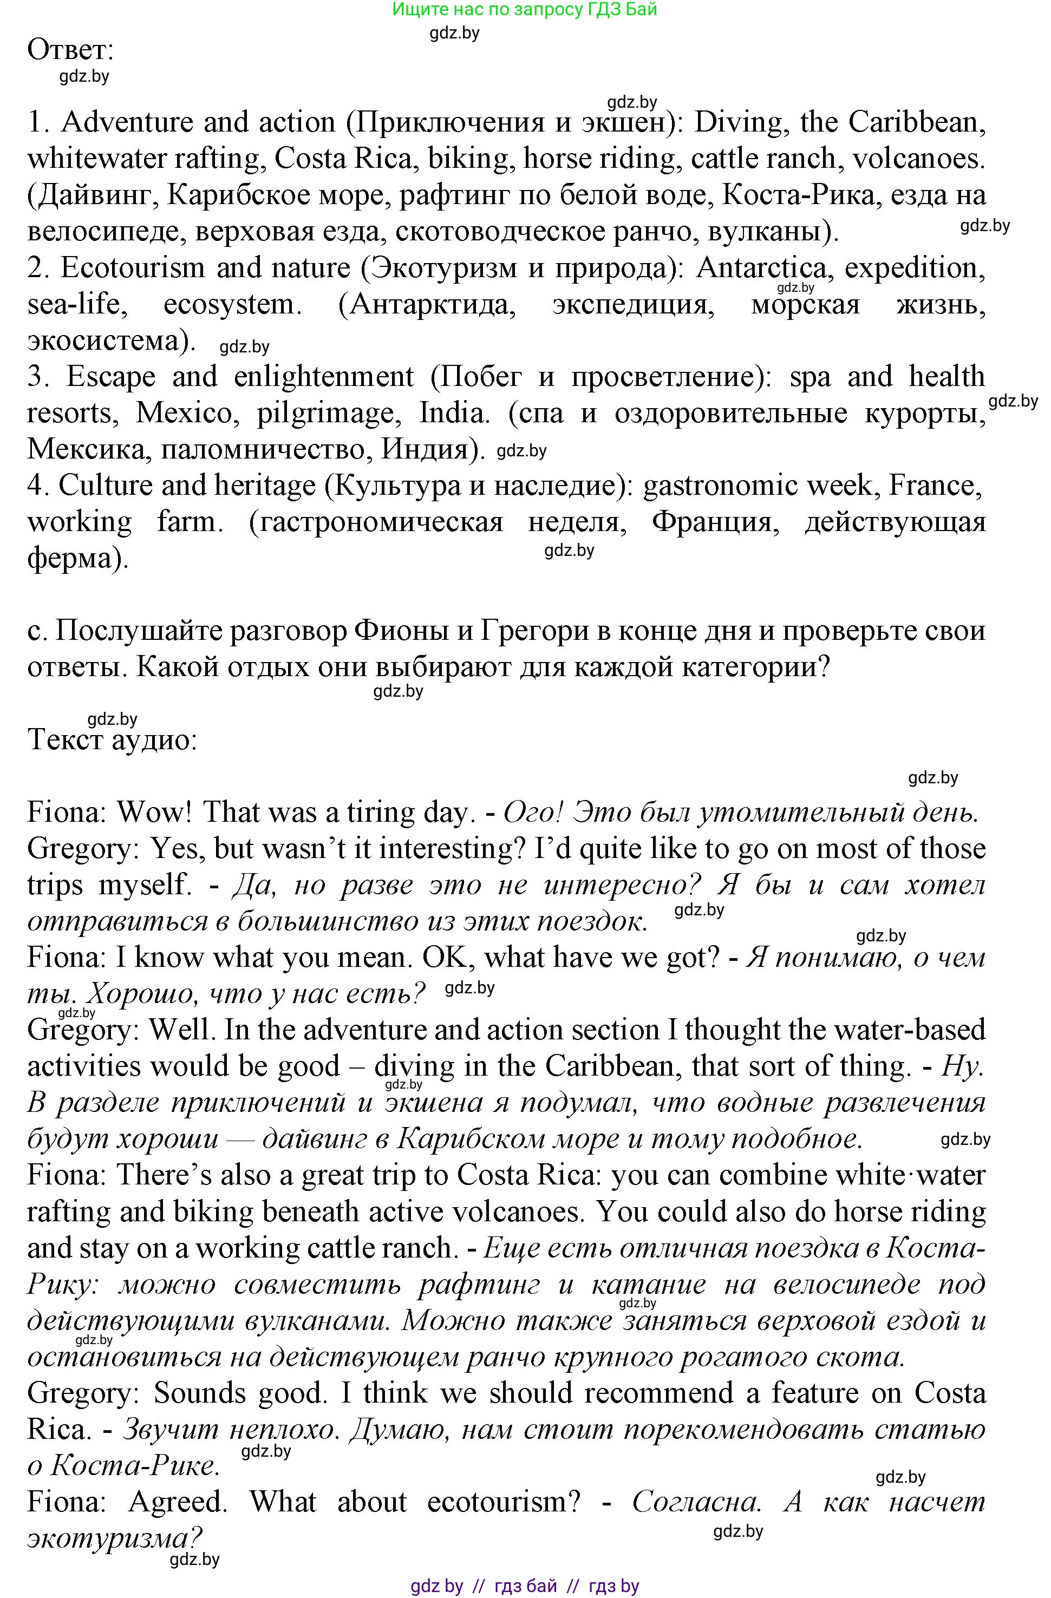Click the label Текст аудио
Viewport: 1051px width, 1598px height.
[x=112, y=740]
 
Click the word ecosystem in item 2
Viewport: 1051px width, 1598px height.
[x=229, y=305]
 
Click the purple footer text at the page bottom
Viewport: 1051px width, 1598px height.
[x=525, y=1587]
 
